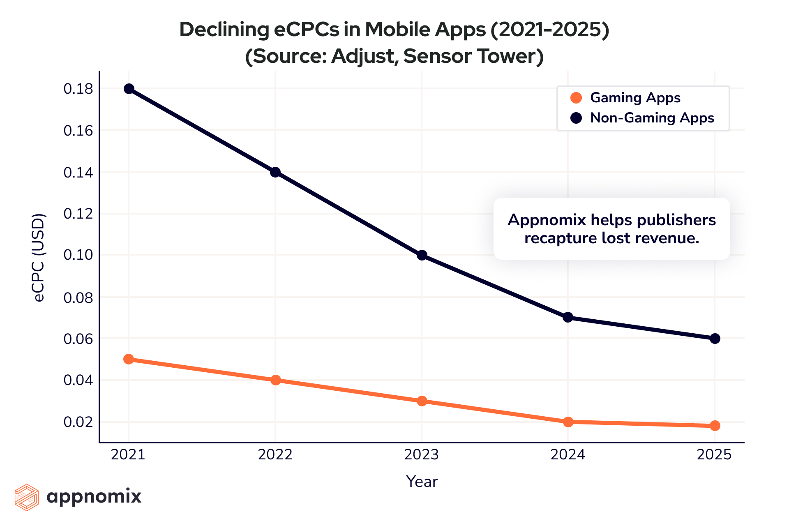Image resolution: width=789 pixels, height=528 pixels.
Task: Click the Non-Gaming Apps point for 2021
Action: click(x=129, y=89)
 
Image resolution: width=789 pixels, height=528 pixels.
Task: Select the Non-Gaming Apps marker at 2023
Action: click(x=422, y=255)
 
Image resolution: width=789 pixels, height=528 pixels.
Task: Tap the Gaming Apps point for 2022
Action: click(x=275, y=380)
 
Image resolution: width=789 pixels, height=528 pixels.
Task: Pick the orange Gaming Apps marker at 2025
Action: click(x=715, y=426)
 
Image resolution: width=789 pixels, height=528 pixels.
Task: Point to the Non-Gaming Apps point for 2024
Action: click(x=568, y=317)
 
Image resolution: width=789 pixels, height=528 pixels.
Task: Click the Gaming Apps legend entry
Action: click(x=635, y=98)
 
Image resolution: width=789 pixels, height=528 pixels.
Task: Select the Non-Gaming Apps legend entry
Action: click(x=652, y=118)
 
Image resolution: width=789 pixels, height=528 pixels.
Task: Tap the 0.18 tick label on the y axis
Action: click(x=78, y=89)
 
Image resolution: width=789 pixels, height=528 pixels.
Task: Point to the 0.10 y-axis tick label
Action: click(x=78, y=255)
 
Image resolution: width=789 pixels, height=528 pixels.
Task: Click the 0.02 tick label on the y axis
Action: click(x=78, y=422)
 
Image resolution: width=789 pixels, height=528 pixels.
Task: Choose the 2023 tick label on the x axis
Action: click(x=422, y=454)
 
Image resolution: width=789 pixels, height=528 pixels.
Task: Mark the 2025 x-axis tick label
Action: click(x=714, y=454)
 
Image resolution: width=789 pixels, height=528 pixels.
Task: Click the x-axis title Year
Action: click(x=422, y=482)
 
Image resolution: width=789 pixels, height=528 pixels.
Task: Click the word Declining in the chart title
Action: click(x=224, y=30)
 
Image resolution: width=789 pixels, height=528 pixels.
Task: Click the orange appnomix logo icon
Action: click(x=27, y=497)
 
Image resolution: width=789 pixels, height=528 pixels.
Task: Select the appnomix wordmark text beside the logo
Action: click(x=94, y=496)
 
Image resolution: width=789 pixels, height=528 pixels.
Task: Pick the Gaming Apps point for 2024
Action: click(x=568, y=422)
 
